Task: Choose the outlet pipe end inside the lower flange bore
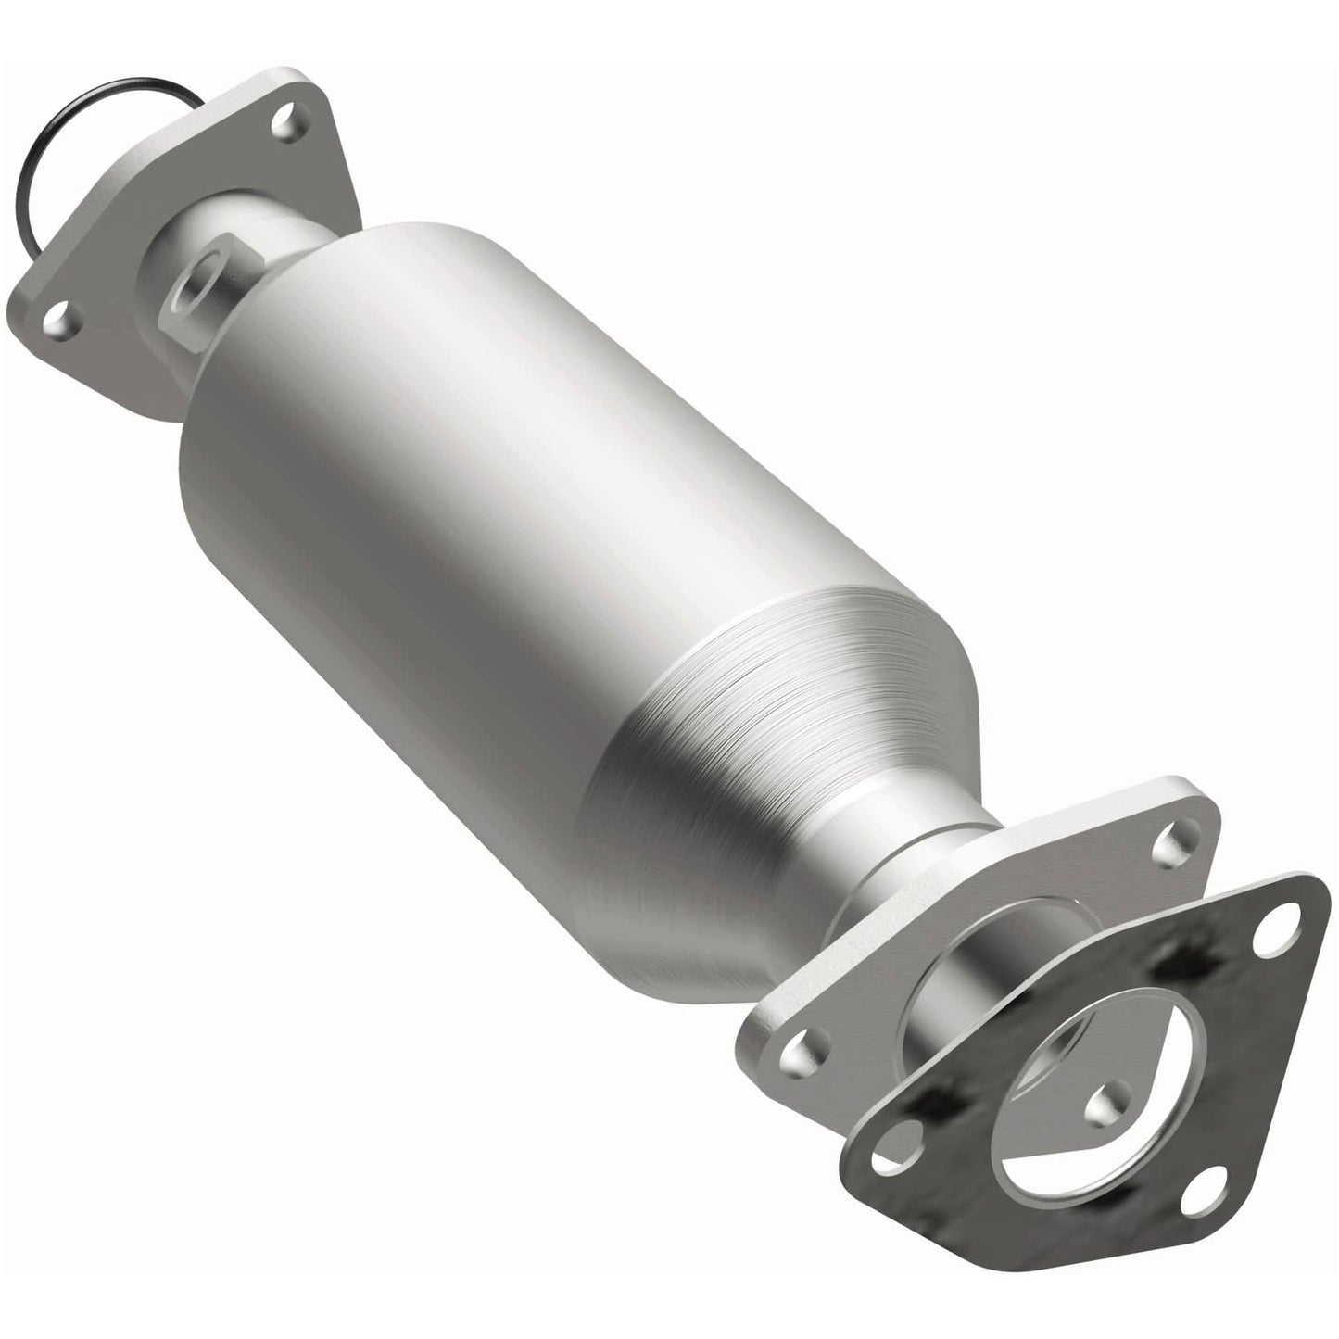(982, 1010)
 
